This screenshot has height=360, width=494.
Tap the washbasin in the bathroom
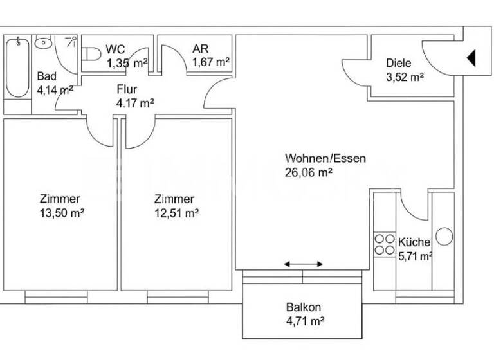(43, 43)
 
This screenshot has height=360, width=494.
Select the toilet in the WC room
(92, 55)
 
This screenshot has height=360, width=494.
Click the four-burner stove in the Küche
(384, 244)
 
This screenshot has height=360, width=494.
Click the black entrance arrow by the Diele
(470, 59)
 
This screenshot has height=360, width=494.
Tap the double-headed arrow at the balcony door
(304, 264)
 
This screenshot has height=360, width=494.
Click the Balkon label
(304, 307)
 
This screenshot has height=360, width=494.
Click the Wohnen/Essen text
(316, 158)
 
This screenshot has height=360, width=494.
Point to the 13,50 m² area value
(62, 213)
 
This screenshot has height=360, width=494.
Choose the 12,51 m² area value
(176, 213)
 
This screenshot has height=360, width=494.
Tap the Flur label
(126, 89)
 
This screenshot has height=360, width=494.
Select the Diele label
(398, 63)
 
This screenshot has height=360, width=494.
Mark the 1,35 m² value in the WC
(127, 62)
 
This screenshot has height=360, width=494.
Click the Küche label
(414, 242)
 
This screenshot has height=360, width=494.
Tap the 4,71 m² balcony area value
(304, 320)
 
